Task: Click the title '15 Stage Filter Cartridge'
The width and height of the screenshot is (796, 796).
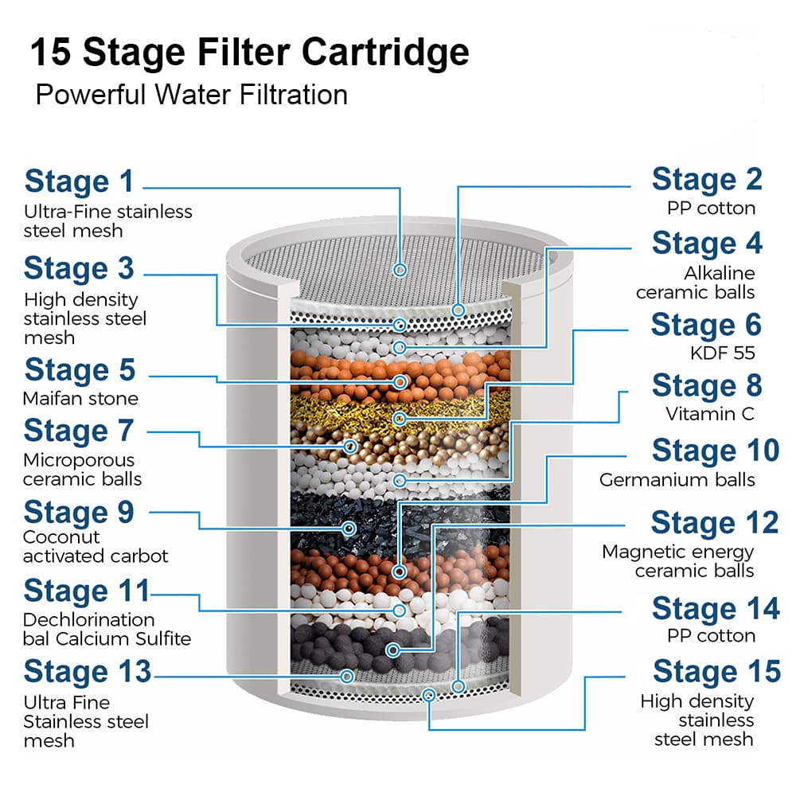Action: [x=250, y=52]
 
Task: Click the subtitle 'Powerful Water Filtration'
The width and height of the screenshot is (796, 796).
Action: [x=191, y=95]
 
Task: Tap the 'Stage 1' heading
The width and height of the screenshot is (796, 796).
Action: [x=79, y=181]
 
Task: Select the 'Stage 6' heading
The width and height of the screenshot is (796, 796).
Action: [x=707, y=325]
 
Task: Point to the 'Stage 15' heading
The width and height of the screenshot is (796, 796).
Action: [x=717, y=671]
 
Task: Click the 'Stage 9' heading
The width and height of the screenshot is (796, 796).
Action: [x=79, y=512]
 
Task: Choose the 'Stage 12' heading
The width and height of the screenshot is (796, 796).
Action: [x=715, y=522]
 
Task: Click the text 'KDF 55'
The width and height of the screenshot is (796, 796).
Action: [x=723, y=353]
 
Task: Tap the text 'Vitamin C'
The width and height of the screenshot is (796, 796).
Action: [x=710, y=414]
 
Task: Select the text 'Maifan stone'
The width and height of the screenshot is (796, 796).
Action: [x=80, y=399]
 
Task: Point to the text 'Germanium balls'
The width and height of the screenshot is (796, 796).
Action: [x=677, y=480]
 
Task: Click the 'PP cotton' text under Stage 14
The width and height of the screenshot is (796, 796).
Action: [x=711, y=635]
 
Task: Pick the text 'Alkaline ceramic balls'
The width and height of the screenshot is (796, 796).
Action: [x=696, y=283]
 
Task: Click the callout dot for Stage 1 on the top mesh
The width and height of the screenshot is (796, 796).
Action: [x=400, y=270]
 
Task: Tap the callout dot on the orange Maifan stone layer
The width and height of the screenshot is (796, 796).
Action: [x=400, y=382]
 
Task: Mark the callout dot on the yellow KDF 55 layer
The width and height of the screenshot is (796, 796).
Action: [x=400, y=419]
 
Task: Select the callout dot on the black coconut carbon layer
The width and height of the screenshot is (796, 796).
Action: [x=349, y=529]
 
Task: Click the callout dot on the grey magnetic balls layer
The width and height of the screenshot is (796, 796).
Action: [x=392, y=650]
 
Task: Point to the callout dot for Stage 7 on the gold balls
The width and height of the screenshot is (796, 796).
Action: [x=349, y=447]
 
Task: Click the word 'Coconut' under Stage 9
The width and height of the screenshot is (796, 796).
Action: [x=61, y=537]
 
